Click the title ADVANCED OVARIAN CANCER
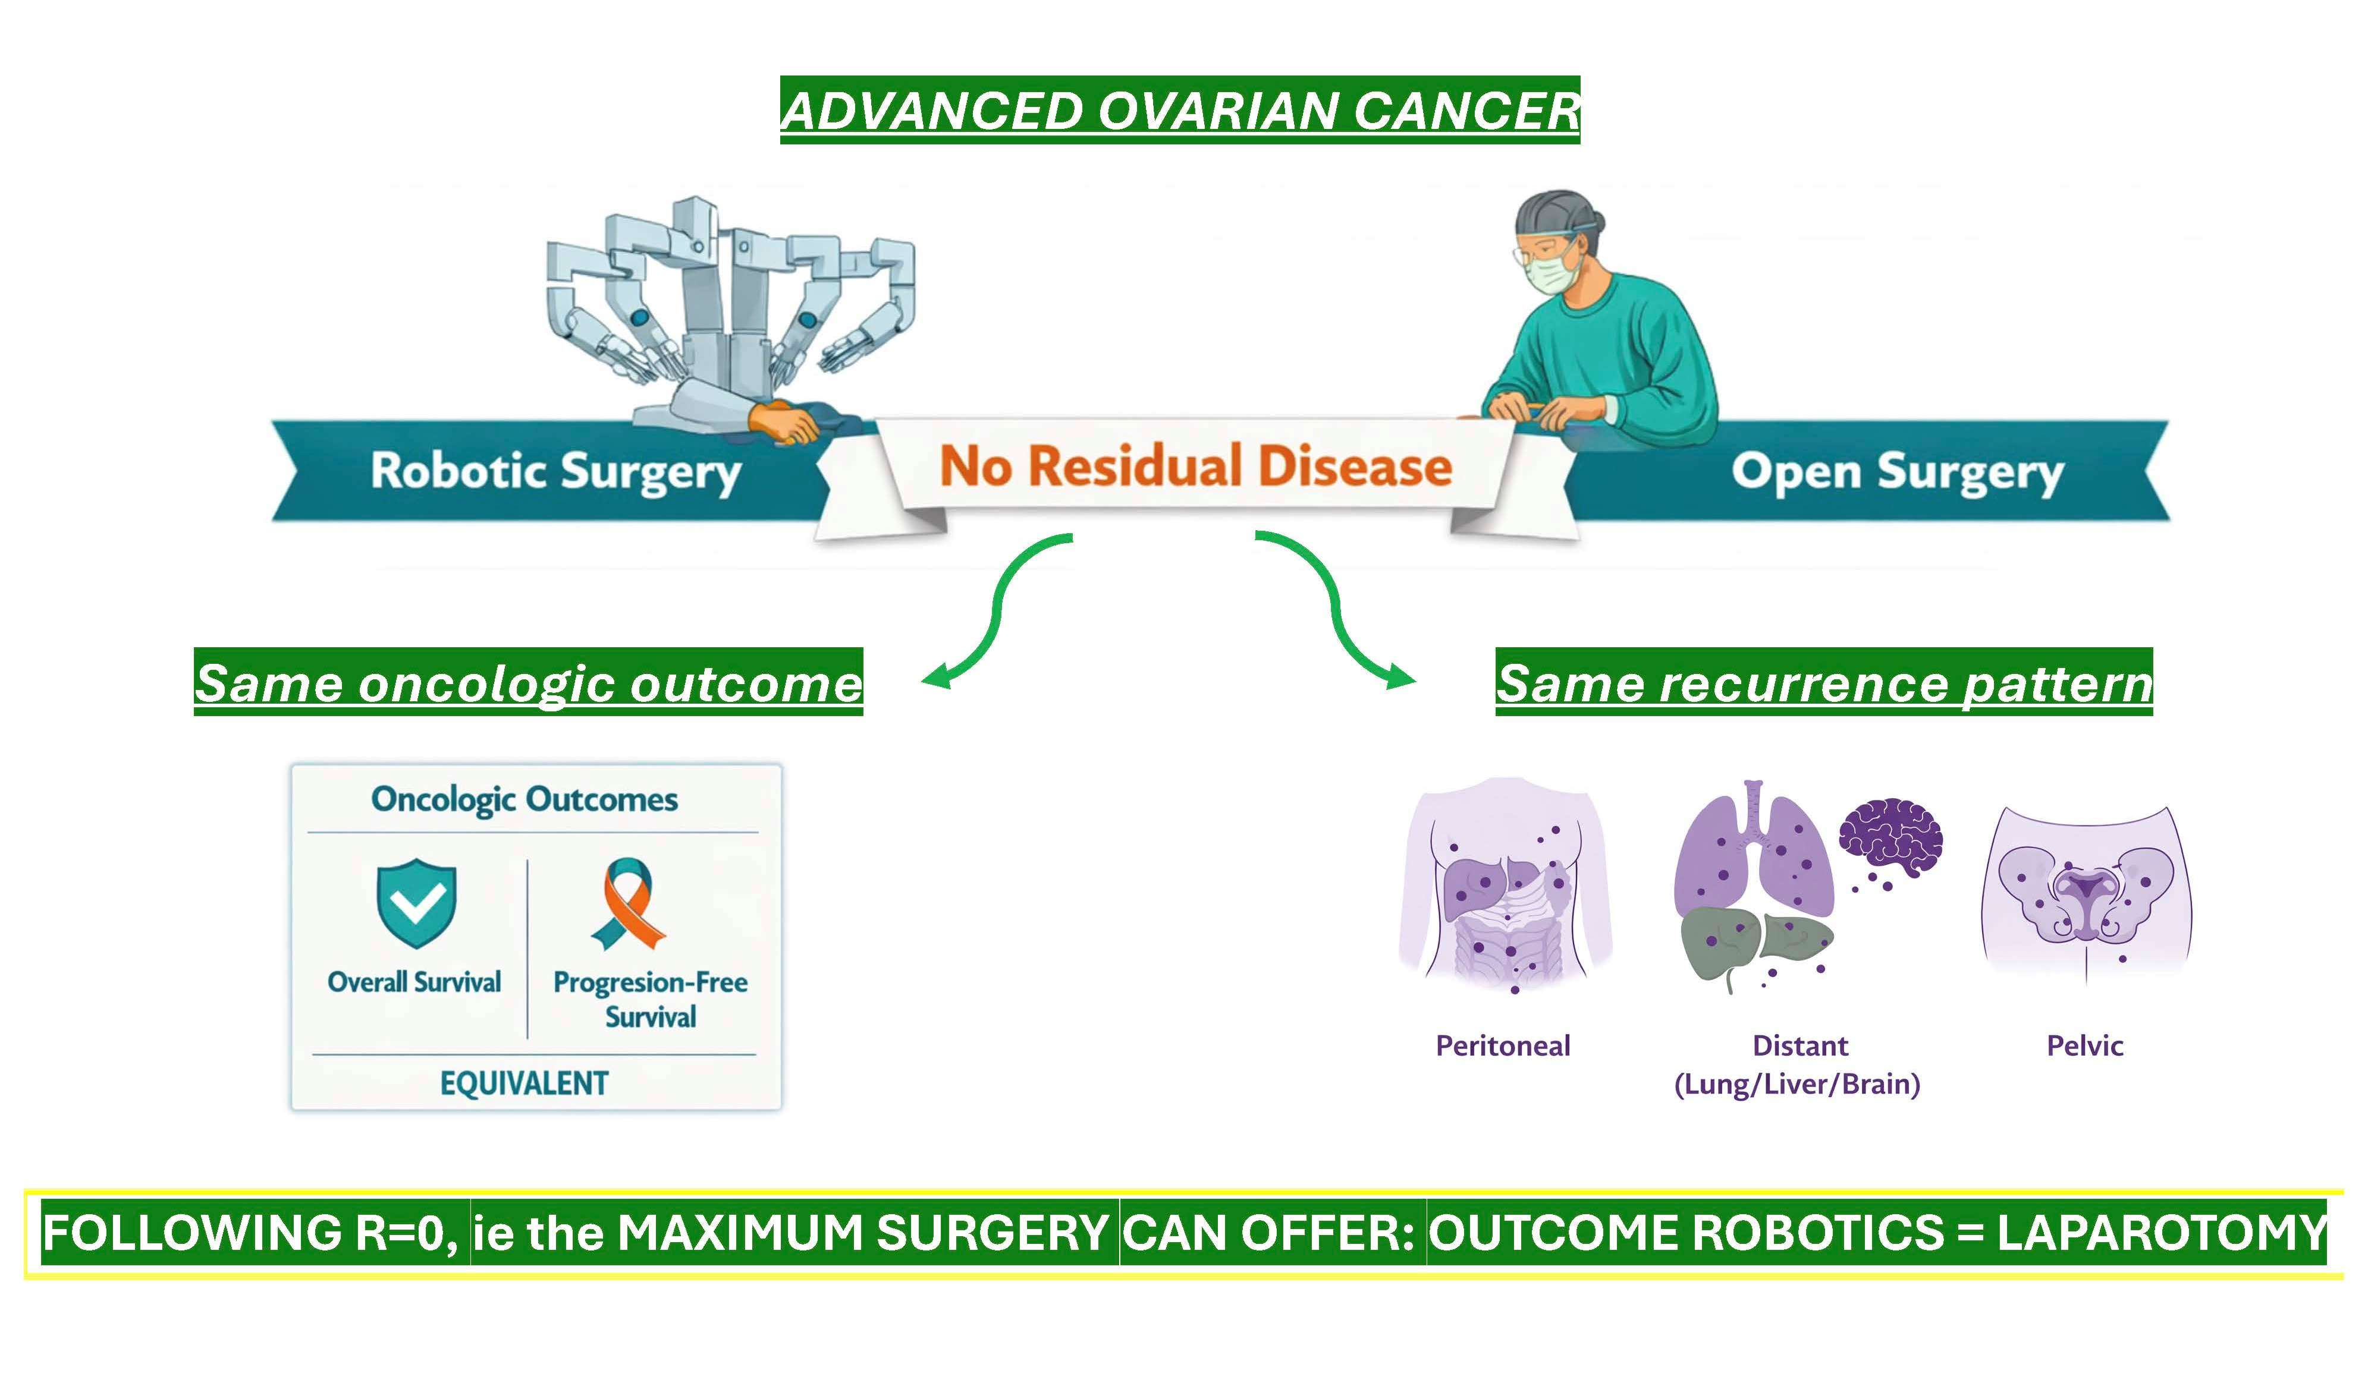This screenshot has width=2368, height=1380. pos(1179,110)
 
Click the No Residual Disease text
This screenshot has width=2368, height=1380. pos(1195,467)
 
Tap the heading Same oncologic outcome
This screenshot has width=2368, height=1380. pos(528,683)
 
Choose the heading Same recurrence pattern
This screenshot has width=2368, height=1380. pos(1823,683)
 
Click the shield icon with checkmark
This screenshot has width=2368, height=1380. pos(416,902)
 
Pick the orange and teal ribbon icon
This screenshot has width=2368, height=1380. pos(629,904)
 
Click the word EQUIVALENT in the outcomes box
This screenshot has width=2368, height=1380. pos(525,1083)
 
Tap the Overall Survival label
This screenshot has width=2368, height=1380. pos(414,982)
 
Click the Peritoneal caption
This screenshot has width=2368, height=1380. pos(1503,1045)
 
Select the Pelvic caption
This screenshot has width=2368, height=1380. pos(2084,1045)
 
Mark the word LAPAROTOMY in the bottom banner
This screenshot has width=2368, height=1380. pos(2161,1233)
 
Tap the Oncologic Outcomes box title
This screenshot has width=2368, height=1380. pos(525,799)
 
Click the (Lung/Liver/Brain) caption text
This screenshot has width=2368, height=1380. pos(1797,1084)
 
